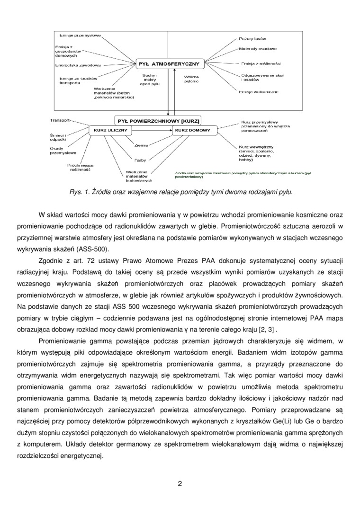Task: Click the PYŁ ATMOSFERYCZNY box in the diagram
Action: (170, 63)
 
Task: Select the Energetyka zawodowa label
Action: (77, 65)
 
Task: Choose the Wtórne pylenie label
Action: (191, 79)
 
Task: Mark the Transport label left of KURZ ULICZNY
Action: (60, 120)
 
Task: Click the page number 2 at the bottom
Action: (180, 483)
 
